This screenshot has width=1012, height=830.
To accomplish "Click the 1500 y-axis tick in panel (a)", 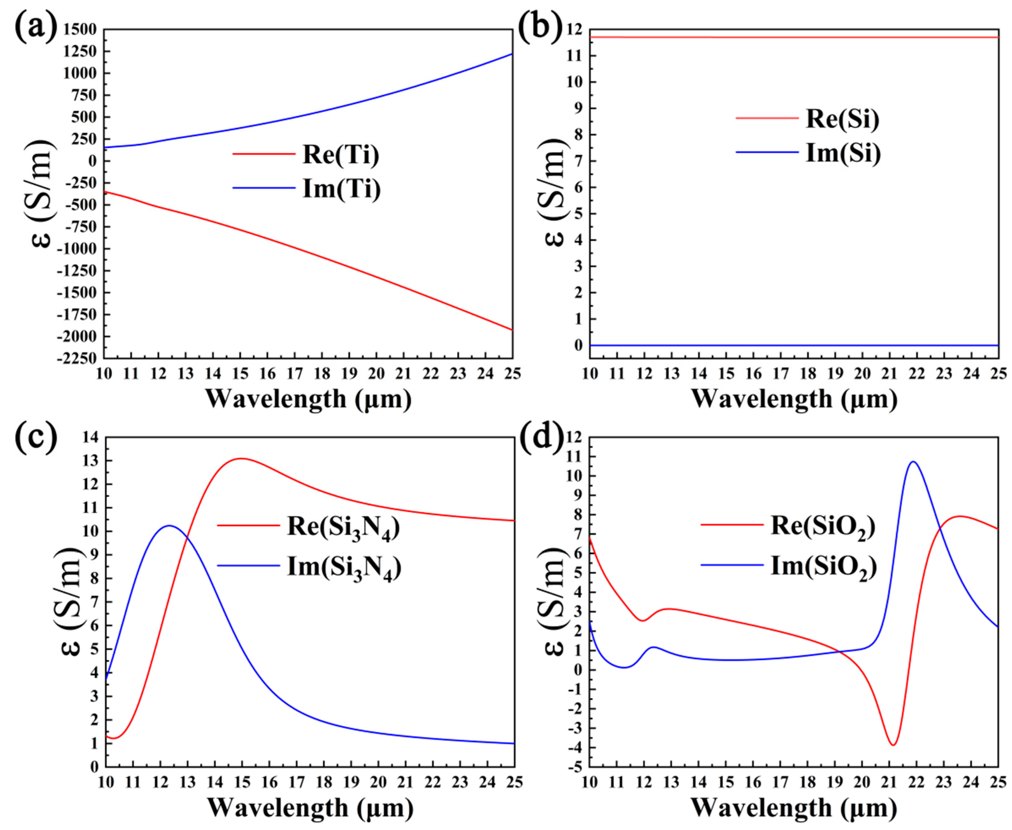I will point(79,30).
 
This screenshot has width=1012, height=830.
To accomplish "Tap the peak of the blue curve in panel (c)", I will point(169,525).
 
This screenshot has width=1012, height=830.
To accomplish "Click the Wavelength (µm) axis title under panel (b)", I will point(794,399).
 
